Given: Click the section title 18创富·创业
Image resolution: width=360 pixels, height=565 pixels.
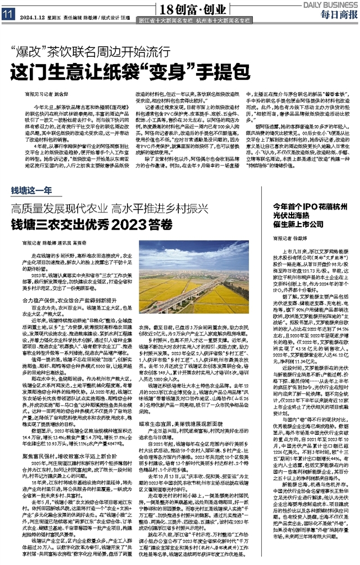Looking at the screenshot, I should pos(180,9).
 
